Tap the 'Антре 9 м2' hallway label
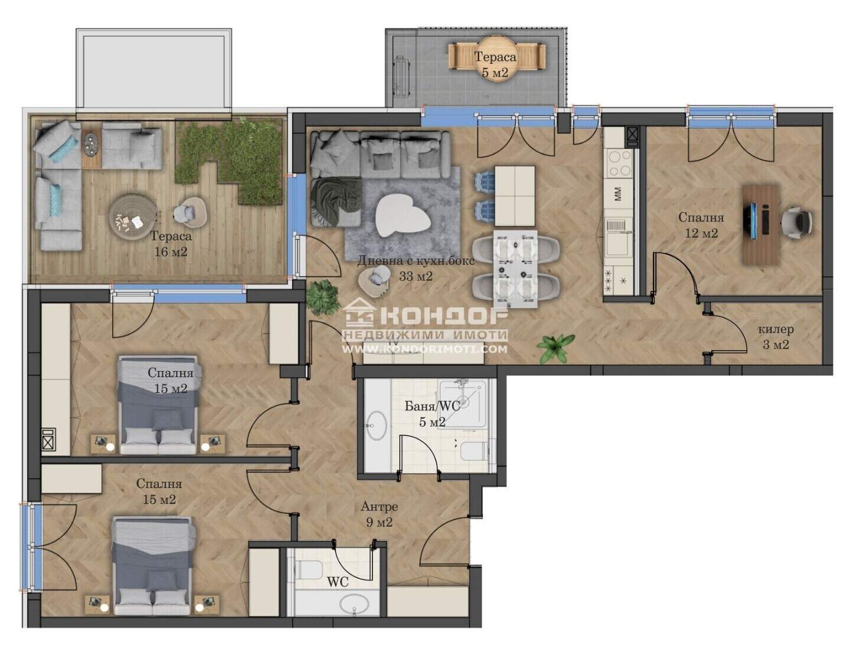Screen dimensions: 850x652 379,514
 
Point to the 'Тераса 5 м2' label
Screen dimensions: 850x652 495,64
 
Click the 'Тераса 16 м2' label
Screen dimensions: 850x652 171,244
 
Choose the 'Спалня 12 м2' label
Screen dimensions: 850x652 701,225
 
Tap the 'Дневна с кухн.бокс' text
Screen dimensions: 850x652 416,260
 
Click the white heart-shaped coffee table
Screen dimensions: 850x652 403,215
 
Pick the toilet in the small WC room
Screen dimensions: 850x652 309,570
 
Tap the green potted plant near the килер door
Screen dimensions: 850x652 555,348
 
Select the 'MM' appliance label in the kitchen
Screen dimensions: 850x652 618,194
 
